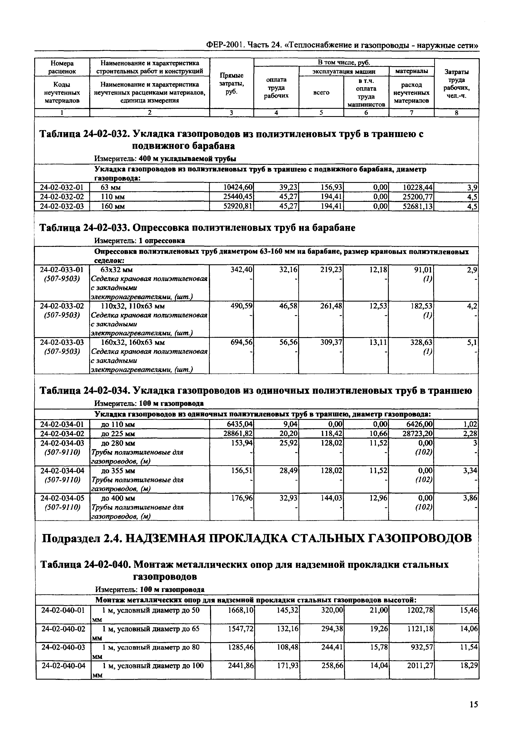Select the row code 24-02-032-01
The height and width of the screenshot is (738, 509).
point(62,187)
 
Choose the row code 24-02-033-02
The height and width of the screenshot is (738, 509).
point(62,306)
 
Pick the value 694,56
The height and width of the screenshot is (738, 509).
point(241,342)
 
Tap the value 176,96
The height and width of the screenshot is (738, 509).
point(241,498)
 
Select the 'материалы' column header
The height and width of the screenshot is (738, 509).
point(411,71)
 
